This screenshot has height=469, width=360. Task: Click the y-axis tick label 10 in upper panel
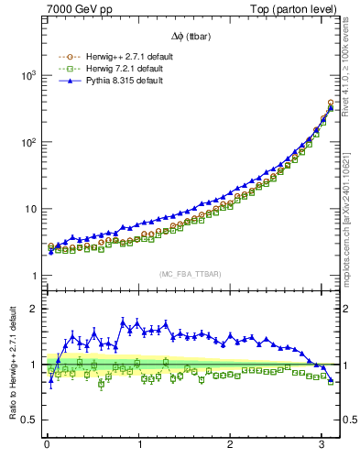coord(30,209)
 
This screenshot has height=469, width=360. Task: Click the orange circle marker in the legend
coord(63,57)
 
